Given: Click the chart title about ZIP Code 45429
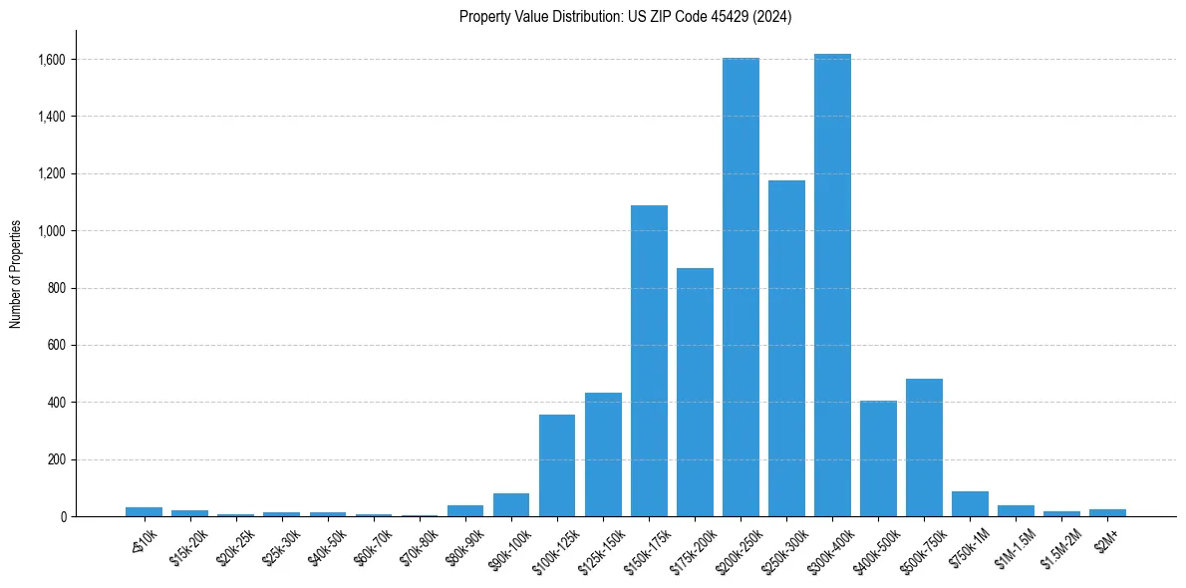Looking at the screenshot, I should click(625, 17).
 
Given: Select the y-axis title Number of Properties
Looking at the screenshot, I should click(16, 274).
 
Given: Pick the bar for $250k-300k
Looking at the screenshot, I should click(786, 348).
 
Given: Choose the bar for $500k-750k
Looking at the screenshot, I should click(924, 447).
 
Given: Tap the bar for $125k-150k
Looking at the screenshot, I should click(603, 454).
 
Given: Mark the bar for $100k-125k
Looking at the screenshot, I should click(557, 465).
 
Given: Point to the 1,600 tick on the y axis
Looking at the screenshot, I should click(53, 60).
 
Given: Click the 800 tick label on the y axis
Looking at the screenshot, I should click(57, 289).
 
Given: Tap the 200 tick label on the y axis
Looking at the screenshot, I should click(57, 460).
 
